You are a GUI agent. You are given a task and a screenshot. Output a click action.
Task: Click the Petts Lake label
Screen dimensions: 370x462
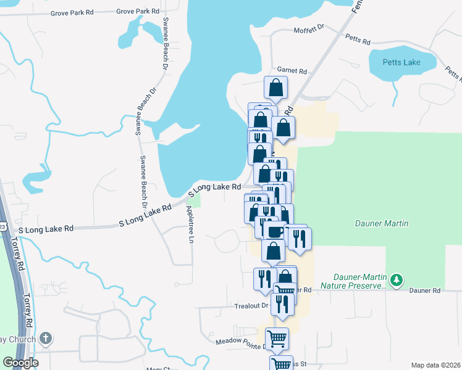click(x=402, y=62)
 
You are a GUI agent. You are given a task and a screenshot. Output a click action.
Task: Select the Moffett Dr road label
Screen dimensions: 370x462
click(x=309, y=28)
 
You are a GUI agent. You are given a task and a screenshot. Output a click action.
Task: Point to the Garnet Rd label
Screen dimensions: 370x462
click(x=292, y=71)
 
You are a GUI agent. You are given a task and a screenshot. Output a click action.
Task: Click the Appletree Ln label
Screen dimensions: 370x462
click(x=190, y=222)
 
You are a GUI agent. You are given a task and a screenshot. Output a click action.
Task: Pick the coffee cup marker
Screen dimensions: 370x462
click(x=274, y=231)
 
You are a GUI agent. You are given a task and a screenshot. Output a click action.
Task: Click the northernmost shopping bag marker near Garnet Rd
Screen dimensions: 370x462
click(x=276, y=88)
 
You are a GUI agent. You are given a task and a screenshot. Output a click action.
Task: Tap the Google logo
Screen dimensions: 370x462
click(x=20, y=363)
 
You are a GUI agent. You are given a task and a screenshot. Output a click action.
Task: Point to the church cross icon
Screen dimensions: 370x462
click(x=45, y=338)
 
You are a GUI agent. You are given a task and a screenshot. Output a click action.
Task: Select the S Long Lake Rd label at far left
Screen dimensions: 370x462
click(x=46, y=229)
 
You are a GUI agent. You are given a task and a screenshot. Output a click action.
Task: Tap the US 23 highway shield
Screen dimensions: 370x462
click(x=2, y=227)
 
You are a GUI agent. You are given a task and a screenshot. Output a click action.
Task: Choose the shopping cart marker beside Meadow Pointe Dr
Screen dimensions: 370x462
click(x=277, y=339)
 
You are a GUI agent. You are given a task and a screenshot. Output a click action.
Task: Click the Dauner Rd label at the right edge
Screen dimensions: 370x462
click(x=427, y=290)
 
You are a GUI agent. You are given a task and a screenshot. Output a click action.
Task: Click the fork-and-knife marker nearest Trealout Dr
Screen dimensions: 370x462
click(x=282, y=303)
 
